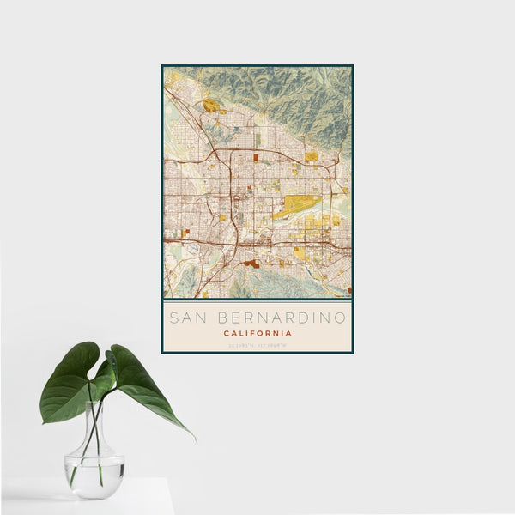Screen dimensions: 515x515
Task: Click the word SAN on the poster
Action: (187, 318)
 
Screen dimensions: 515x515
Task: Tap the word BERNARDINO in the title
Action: (278, 318)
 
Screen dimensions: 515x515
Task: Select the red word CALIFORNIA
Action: (257, 333)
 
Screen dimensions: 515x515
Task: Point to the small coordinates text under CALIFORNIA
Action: (257, 345)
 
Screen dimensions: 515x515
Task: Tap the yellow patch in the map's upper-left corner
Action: (210, 106)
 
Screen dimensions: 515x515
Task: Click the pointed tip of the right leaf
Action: (192, 438)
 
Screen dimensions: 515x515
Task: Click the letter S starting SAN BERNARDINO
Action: (173, 318)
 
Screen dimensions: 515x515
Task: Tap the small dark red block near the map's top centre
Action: (256, 158)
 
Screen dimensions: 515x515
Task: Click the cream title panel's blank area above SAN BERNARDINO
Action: (257, 306)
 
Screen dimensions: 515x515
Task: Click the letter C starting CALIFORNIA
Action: (226, 333)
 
